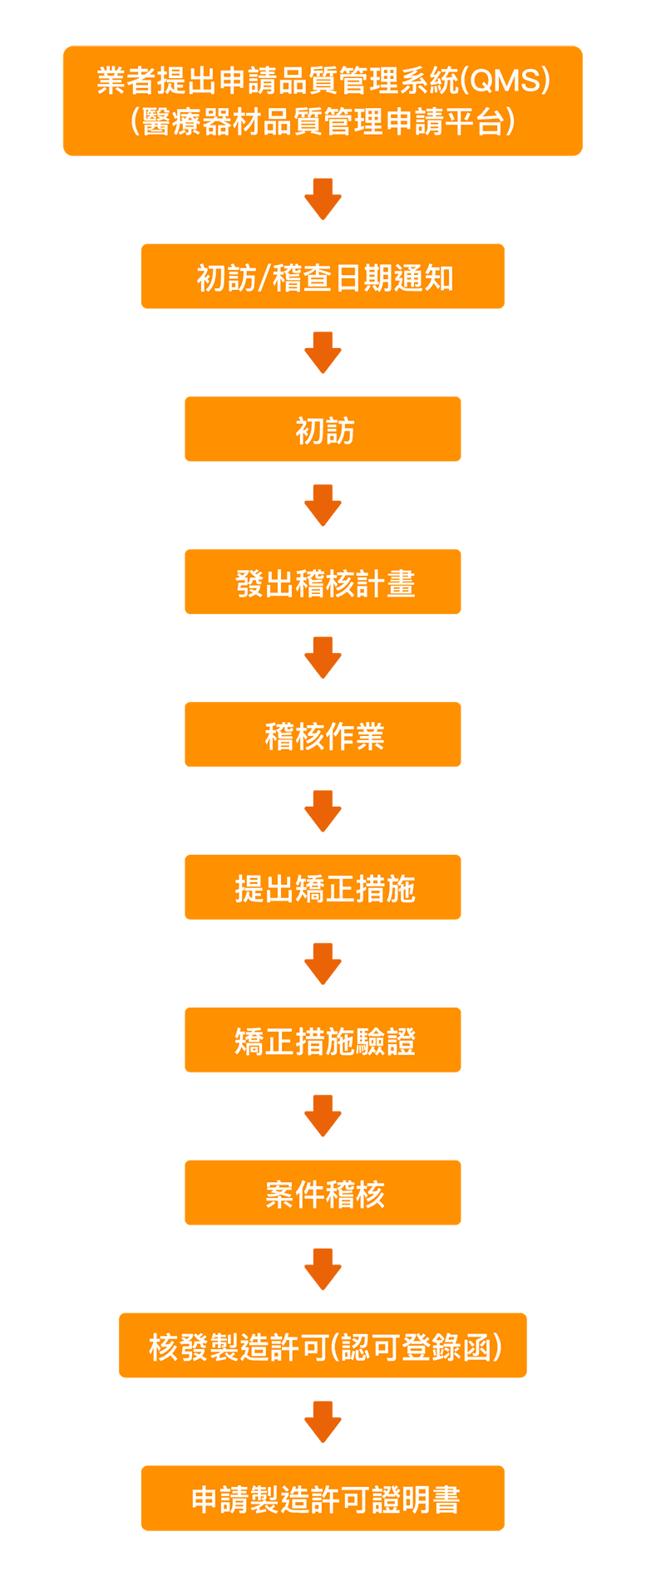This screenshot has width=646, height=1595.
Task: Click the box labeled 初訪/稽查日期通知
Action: click(x=323, y=277)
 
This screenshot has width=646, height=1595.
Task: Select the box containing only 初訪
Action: click(x=323, y=429)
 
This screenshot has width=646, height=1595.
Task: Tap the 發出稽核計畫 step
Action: click(x=323, y=582)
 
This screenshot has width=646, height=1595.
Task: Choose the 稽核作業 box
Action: click(x=323, y=735)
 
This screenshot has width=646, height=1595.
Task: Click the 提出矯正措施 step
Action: click(x=323, y=887)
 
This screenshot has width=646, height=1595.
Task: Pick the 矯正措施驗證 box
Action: click(x=323, y=1040)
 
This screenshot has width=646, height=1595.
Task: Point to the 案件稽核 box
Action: click(x=323, y=1193)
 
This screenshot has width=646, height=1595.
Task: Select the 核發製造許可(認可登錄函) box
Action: click(x=323, y=1346)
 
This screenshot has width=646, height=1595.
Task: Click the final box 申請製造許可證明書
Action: click(x=323, y=1499)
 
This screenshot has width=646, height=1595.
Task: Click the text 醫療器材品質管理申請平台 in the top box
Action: click(x=323, y=121)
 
